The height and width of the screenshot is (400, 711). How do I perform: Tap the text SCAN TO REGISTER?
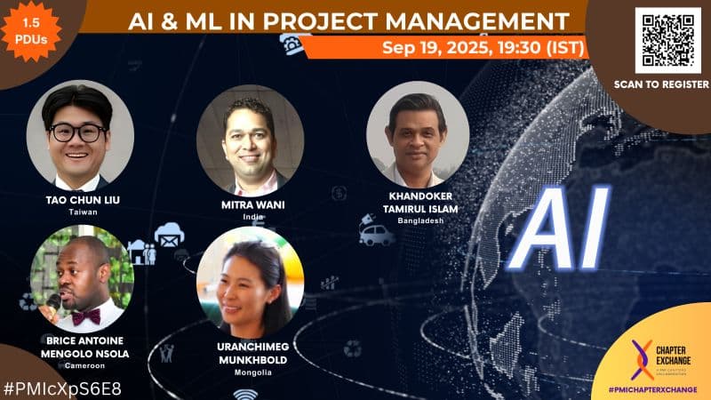point(661,84)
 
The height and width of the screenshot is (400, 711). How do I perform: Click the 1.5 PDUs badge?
point(32,29)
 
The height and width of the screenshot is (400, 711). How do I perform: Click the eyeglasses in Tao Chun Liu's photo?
point(77,132)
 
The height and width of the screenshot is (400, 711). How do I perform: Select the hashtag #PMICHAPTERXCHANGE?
point(659,389)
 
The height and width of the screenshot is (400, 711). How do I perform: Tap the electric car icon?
point(377,234)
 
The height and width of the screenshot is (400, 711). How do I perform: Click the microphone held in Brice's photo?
point(54,303)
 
